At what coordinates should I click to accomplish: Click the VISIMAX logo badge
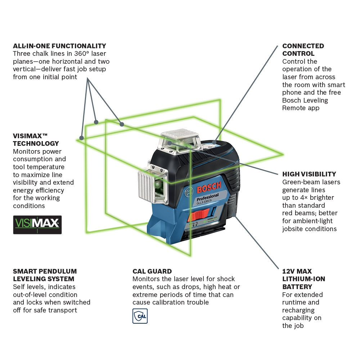click(x=37, y=225)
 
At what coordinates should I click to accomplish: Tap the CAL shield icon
click(x=140, y=316)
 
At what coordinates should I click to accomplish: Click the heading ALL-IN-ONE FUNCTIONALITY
click(x=59, y=46)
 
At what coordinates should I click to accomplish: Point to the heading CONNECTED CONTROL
click(x=303, y=50)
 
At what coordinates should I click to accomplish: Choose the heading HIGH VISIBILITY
click(x=309, y=174)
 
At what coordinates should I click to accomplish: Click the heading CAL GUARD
click(x=152, y=271)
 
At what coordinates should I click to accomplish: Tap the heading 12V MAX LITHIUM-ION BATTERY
click(x=303, y=279)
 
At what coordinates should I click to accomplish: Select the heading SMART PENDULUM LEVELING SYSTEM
click(x=45, y=275)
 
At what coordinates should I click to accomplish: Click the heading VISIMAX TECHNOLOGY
click(x=36, y=140)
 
